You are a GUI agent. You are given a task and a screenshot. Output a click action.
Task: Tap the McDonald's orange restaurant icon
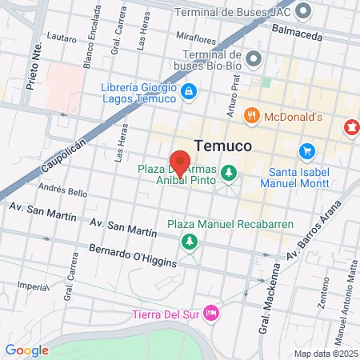click(251, 116)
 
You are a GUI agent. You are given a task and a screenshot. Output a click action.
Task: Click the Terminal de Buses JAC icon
click(303, 11)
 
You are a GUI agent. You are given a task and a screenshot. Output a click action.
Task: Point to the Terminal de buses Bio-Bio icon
click(254, 58)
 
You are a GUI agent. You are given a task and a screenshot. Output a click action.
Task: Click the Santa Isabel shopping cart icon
click(306, 150)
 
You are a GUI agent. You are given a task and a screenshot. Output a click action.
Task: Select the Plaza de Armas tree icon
click(229, 172)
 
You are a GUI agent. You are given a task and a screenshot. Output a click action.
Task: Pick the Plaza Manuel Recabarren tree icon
click(190, 241)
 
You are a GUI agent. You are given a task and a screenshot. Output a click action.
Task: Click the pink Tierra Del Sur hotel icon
click(211, 310)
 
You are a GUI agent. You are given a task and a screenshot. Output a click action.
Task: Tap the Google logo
click(26, 350)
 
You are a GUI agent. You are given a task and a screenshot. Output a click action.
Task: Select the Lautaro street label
click(62, 37)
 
